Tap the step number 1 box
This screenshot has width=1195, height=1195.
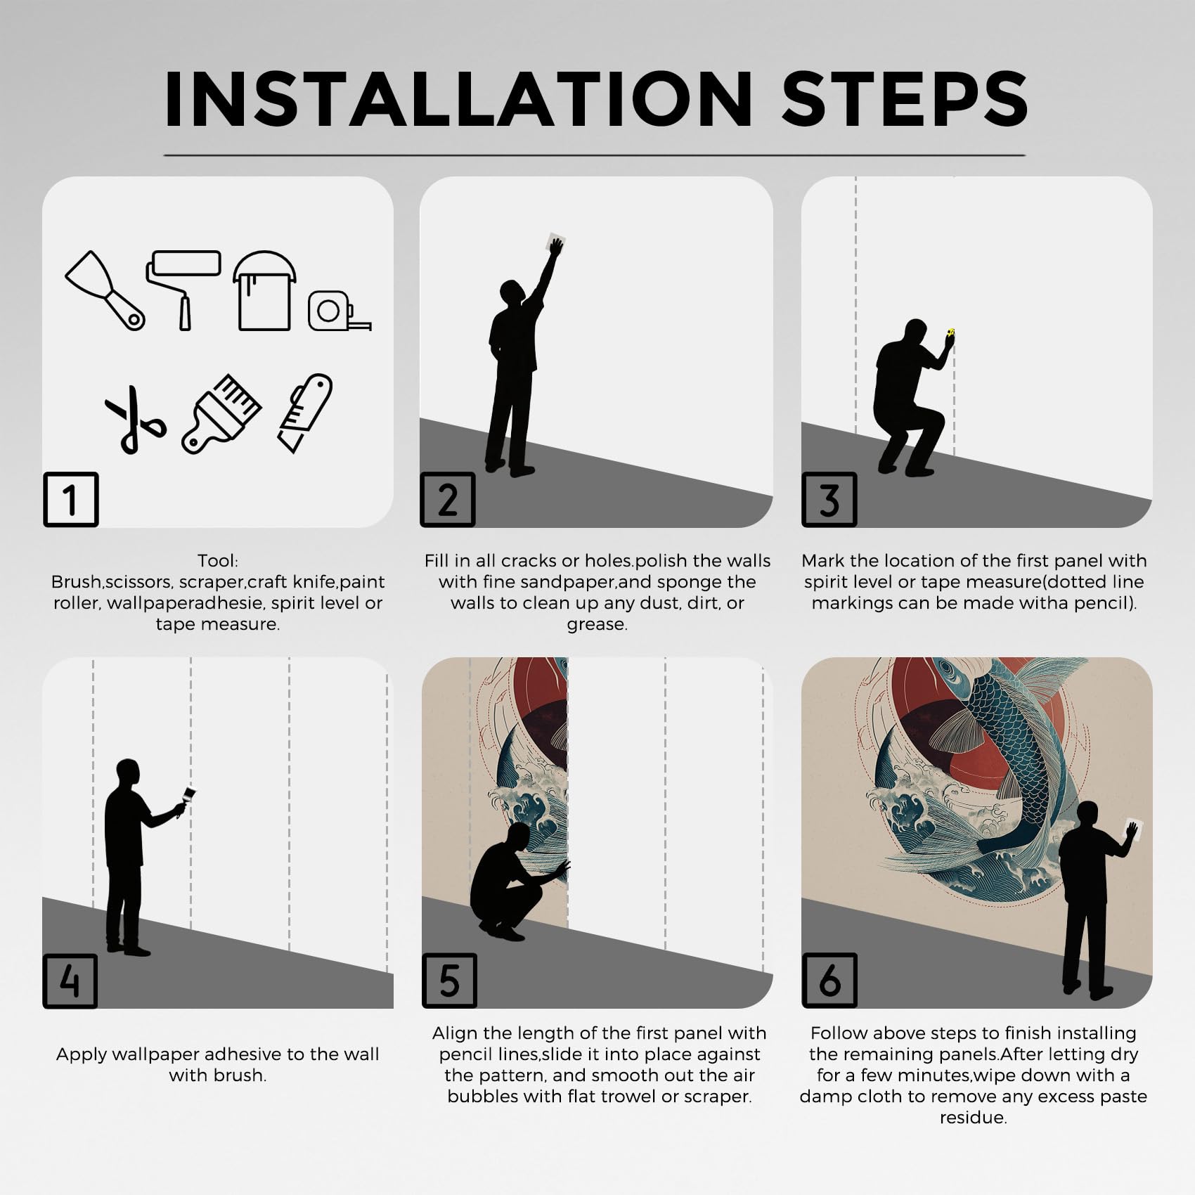pos(70,499)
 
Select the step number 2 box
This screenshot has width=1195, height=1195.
pos(448,499)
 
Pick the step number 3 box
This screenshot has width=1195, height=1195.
pos(829,499)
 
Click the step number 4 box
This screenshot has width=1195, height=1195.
pos(70,981)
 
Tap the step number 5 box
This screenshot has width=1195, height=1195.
pos(450,981)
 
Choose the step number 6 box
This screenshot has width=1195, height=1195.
pos(829,981)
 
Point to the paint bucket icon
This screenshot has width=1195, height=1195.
pos(264,290)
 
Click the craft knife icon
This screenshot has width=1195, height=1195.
pos(305,413)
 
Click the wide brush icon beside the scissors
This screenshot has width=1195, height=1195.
pos(221,413)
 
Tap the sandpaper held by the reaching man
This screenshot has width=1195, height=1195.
pos(555,243)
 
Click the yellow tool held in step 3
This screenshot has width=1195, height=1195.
pos(951,332)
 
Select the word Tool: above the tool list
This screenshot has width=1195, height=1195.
pos(218,561)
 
